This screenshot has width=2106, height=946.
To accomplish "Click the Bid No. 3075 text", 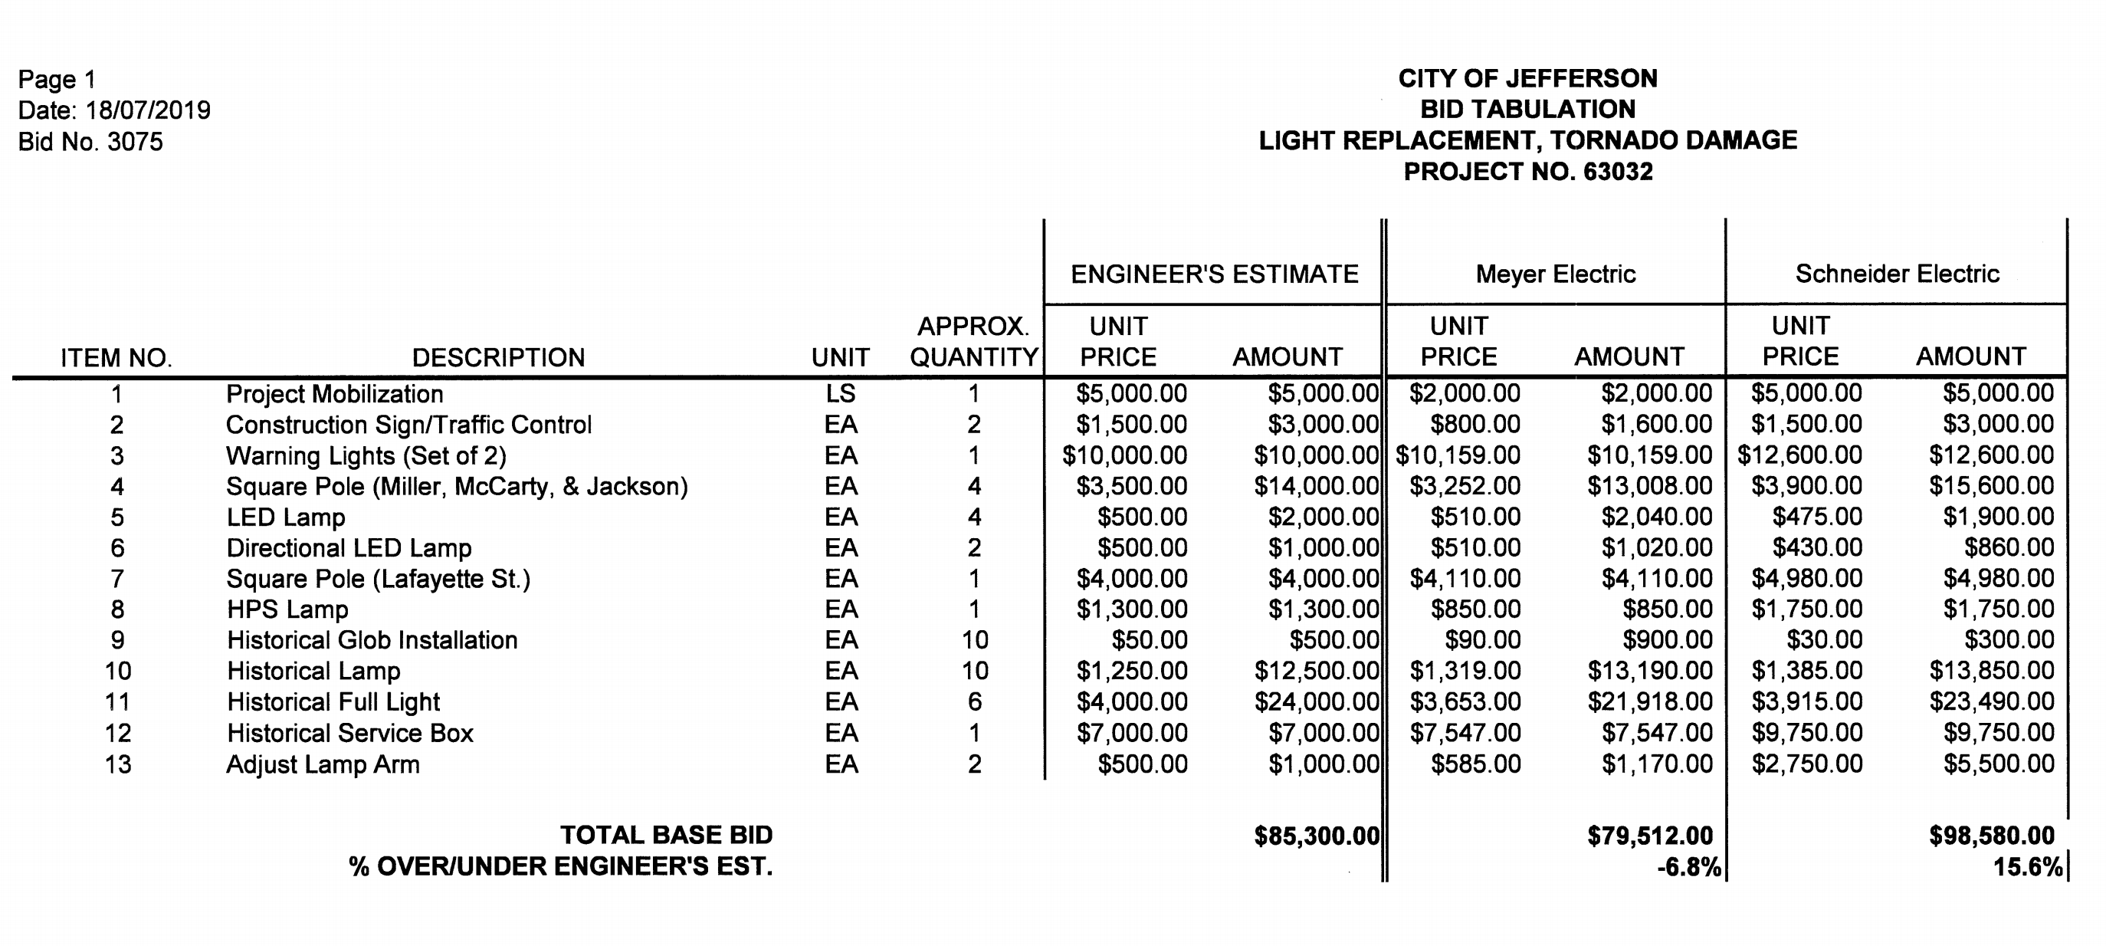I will point(90,143).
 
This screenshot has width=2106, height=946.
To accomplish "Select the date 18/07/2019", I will point(147,110).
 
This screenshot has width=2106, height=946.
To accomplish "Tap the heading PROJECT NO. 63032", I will point(1527,172).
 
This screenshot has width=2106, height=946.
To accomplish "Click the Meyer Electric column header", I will point(1555,274).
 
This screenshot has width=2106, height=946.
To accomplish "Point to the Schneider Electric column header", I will point(1897,274).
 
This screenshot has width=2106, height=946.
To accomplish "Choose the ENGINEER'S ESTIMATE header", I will point(1214,274).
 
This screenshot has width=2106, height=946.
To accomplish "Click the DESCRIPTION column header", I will point(498,357).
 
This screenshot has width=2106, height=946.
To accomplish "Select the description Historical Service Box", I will point(350,733).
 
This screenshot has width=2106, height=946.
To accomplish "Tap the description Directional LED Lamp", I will point(349,548).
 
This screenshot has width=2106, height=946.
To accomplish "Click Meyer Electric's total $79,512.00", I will point(1649,836).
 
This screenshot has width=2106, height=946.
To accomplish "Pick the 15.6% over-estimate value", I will point(2028,867).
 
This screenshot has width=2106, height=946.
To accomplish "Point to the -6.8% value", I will point(1688,867).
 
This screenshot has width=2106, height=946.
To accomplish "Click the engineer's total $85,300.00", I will point(1317,836).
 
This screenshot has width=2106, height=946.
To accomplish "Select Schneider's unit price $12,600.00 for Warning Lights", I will point(1799,455).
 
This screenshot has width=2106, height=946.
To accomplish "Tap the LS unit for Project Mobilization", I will point(841,394).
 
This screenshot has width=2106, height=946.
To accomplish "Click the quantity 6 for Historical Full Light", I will point(974,701).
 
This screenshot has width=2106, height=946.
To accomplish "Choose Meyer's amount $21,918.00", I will point(1649,701).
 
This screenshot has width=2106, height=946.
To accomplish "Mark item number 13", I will point(118,764).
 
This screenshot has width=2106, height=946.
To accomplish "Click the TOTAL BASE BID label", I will point(665,835).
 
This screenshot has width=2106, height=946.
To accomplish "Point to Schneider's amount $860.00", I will point(2009,548).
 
